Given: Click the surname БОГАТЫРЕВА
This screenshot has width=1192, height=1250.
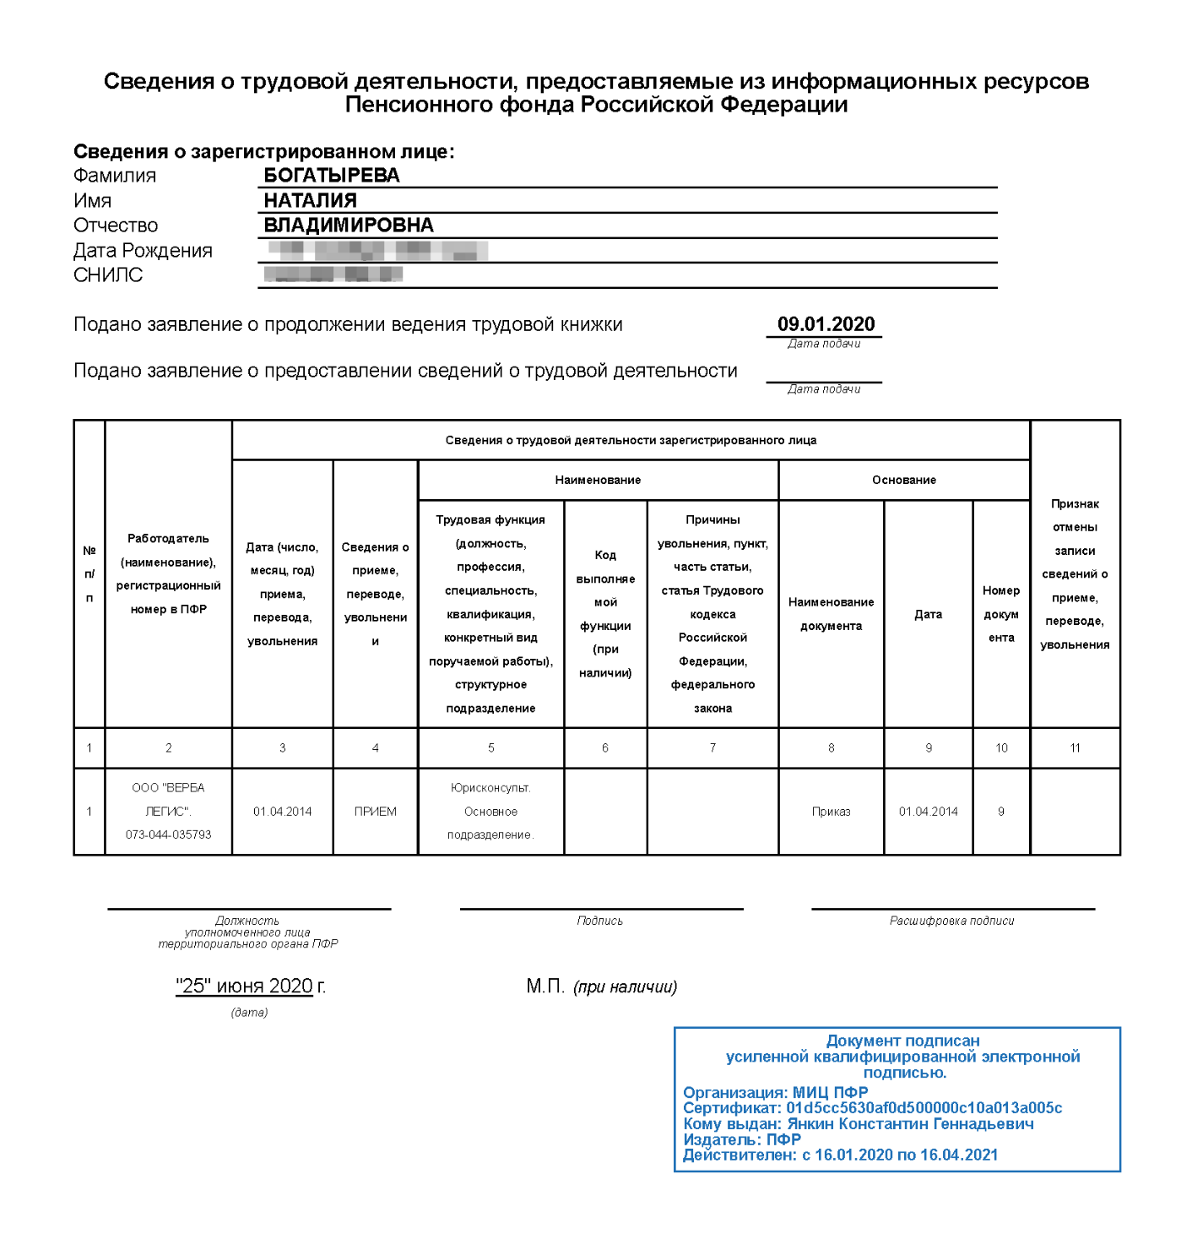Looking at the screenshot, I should click(x=332, y=176).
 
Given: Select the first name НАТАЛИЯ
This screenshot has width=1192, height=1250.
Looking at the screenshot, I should click(x=310, y=201).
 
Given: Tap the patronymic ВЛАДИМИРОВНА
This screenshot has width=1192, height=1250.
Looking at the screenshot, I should click(x=349, y=226).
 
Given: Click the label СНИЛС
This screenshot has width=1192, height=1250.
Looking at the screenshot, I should click(x=108, y=275).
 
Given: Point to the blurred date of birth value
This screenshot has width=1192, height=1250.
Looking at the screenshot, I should click(x=377, y=251).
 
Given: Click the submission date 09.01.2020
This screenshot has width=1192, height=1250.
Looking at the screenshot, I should click(x=826, y=324).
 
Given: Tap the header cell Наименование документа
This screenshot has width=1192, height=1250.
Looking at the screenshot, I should click(x=831, y=614).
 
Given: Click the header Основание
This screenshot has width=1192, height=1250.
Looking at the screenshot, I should click(x=903, y=480).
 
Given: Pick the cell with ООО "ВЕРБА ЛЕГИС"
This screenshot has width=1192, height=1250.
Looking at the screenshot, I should click(x=168, y=811).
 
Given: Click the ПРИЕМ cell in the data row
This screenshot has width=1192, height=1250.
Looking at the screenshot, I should click(x=375, y=812).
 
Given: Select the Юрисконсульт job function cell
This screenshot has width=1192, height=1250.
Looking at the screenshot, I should click(x=490, y=811).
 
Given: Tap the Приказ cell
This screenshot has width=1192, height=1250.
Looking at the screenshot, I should click(x=831, y=812).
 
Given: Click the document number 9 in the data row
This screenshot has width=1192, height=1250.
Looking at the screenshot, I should click(x=1001, y=812).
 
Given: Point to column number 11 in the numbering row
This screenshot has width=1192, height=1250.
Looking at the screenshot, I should click(x=1075, y=747).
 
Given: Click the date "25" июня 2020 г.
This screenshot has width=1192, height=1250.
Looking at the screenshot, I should click(x=250, y=986).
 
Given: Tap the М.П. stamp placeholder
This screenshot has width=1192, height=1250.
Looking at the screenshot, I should click(x=545, y=986).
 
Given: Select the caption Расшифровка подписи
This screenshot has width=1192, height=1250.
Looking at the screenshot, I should click(x=951, y=921).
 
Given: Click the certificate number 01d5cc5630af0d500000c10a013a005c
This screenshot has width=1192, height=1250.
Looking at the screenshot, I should click(x=924, y=1108).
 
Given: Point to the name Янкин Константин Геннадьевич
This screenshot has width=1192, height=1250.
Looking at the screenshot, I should click(x=910, y=1124).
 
